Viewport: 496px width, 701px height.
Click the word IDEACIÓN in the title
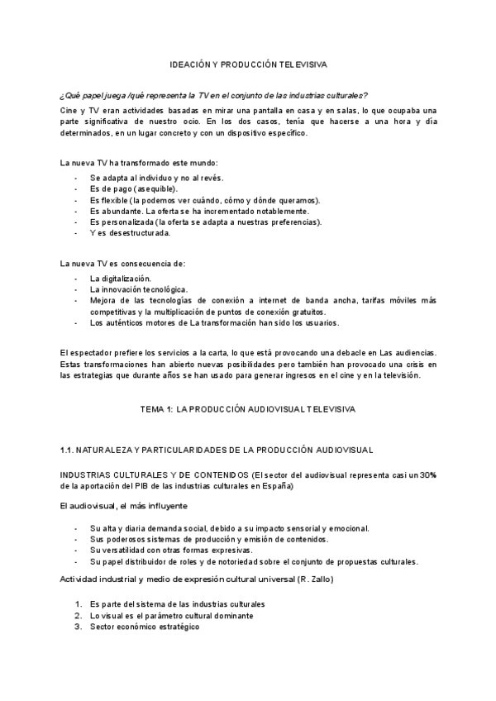tap(190, 64)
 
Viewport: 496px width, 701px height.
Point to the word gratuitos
tap(303, 312)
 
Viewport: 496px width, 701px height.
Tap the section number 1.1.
tap(69, 450)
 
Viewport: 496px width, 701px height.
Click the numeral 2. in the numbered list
tap(79, 616)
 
